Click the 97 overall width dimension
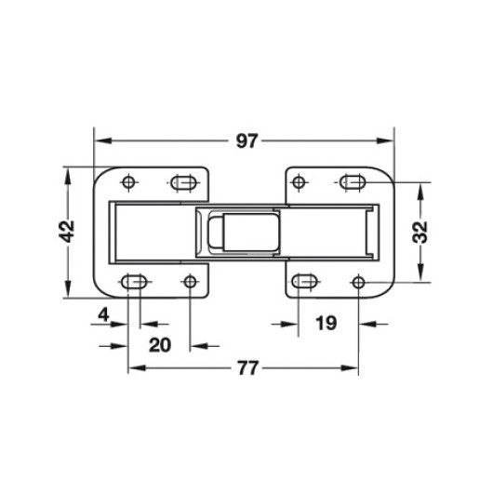click(x=246, y=140)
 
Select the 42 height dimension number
click(x=67, y=232)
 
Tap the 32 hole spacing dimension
click(x=420, y=233)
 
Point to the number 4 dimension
click(x=103, y=314)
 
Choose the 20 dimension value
click(x=160, y=345)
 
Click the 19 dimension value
click(x=326, y=323)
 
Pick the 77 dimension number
click(x=247, y=367)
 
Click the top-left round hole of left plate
click(x=128, y=182)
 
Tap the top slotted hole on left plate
click(x=183, y=182)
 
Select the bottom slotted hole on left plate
click(x=134, y=282)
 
